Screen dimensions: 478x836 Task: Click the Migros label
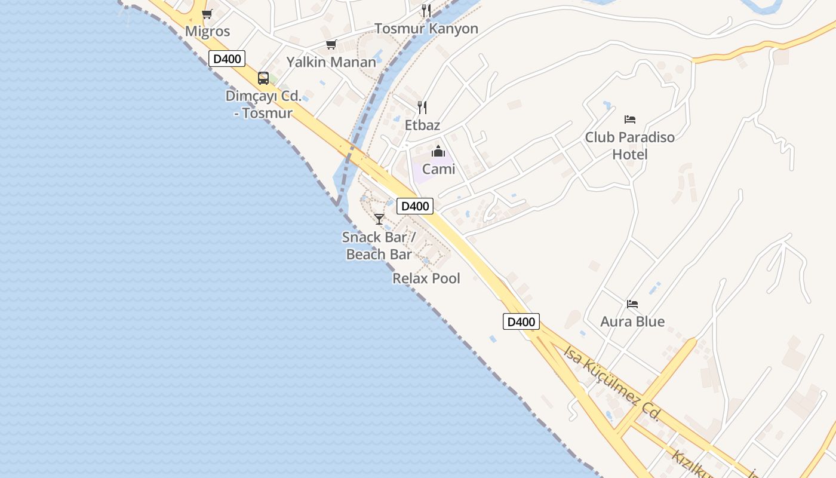[207, 31]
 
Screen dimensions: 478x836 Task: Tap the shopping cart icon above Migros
[207, 14]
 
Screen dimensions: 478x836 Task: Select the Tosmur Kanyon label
[426, 29]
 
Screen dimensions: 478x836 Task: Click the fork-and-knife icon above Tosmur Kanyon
[426, 11]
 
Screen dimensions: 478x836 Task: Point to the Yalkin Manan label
[331, 62]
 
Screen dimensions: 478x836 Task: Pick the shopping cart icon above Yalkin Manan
[331, 45]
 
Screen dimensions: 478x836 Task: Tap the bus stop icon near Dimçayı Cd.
[263, 78]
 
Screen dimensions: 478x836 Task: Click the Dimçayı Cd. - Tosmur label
[263, 105]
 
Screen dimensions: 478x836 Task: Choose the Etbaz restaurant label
[422, 125]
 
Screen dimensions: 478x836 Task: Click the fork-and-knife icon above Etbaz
[422, 108]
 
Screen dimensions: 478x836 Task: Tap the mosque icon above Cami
[438, 151]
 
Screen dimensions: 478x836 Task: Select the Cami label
[438, 169]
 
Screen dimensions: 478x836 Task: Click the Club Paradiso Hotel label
[629, 146]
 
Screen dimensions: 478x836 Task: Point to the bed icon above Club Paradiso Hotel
[629, 119]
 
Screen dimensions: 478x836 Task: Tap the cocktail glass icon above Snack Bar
[379, 219]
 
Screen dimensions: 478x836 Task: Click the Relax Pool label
[426, 278]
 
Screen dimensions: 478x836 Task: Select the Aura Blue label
[632, 321]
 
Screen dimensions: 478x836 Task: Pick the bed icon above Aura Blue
[632, 304]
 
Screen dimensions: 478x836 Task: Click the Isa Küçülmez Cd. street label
[611, 382]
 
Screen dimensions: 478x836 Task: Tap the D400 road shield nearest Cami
[415, 206]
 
